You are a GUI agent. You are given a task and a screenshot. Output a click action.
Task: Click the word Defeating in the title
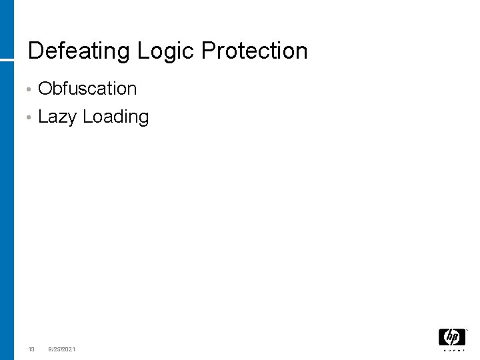(80, 51)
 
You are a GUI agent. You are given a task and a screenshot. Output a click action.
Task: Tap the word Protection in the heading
(254, 51)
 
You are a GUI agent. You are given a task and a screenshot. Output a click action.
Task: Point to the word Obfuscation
(87, 89)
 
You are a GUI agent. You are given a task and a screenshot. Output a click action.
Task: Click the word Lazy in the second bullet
(58, 117)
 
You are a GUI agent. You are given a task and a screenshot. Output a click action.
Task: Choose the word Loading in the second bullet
(116, 117)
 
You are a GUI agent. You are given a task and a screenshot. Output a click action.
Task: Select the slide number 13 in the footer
(31, 349)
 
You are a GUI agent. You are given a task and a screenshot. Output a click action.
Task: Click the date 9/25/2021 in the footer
(62, 349)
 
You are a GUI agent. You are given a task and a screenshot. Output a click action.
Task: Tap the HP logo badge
(451, 337)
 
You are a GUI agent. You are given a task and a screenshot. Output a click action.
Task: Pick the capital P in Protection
(208, 51)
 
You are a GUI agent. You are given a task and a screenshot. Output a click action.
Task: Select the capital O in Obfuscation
(46, 89)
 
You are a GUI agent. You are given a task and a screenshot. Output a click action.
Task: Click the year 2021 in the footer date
(69, 349)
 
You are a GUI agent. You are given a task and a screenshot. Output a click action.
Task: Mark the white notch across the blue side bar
(7, 60)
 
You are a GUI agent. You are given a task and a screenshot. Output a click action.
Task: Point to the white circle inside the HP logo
(451, 337)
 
